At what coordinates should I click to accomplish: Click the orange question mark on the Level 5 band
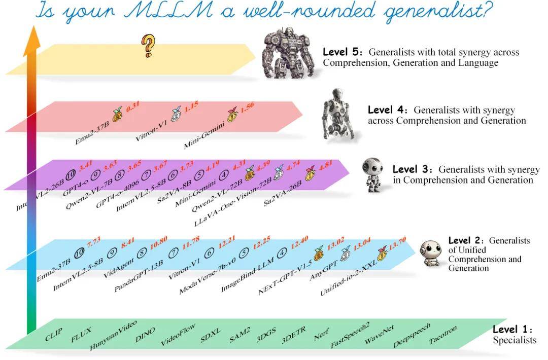pyautogui.click(x=148, y=46)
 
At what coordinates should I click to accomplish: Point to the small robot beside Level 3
pyautogui.click(x=372, y=174)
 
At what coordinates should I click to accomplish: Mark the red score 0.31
pyautogui.click(x=133, y=106)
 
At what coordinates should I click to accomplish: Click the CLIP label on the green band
pyautogui.click(x=53, y=334)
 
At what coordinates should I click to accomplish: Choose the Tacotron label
pyautogui.click(x=443, y=335)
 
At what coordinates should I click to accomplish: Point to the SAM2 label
pyautogui.click(x=239, y=335)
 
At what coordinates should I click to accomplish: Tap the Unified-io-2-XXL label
pyautogui.click(x=349, y=278)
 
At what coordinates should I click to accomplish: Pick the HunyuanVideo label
pyautogui.click(x=113, y=335)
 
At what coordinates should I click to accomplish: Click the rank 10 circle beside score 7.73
pyautogui.click(x=80, y=253)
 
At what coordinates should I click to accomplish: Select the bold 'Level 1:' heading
pyautogui.click(x=512, y=329)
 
